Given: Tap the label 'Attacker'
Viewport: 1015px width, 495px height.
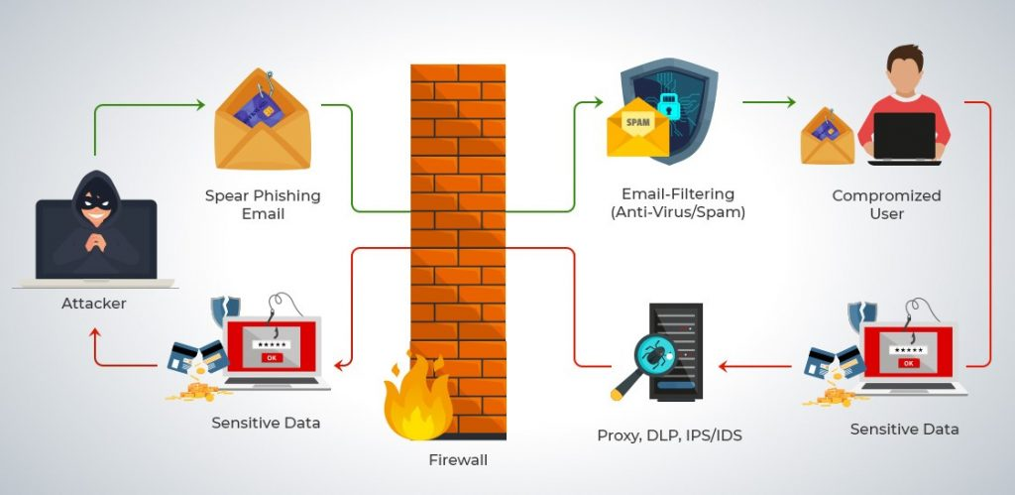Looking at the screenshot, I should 93,304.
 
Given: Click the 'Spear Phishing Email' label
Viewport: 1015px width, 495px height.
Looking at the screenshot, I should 263,204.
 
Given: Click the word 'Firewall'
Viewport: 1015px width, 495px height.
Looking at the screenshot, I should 458,459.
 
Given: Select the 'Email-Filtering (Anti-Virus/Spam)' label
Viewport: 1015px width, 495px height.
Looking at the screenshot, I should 677,204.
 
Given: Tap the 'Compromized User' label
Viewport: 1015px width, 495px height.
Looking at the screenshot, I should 886,204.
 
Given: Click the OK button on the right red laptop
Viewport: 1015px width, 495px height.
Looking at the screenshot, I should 909,363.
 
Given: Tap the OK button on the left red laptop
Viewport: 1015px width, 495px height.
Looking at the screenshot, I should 272,357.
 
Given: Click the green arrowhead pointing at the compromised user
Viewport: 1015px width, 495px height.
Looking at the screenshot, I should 790,102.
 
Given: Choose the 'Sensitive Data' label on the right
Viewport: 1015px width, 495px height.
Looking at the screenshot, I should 904,430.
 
